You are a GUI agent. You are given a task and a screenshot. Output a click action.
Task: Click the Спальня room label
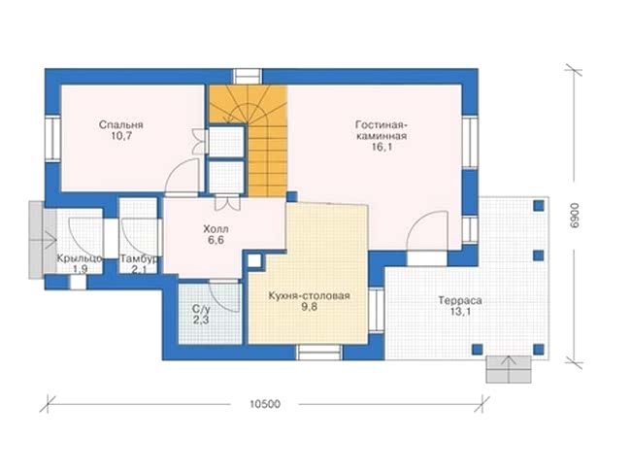click(x=120, y=125)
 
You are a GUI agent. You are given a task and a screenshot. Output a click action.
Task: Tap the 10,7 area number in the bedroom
click(x=121, y=136)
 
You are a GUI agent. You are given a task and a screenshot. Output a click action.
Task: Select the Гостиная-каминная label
click(x=381, y=130)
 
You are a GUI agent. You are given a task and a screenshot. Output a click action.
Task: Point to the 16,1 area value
click(x=382, y=148)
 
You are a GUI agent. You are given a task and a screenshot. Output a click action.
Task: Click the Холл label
click(x=216, y=229)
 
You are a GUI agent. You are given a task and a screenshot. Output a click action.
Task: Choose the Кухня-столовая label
click(x=309, y=296)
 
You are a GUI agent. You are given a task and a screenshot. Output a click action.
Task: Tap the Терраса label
click(x=460, y=301)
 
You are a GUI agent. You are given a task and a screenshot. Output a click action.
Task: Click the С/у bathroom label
click(x=200, y=309)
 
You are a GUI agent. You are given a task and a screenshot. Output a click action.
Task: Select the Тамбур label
click(x=139, y=258)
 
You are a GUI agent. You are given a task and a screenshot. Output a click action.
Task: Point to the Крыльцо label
click(x=80, y=258)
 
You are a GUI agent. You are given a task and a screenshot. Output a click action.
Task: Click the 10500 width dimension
click(x=265, y=404)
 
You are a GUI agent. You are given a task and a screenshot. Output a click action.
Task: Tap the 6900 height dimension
click(x=575, y=216)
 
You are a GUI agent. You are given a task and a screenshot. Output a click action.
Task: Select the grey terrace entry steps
click(x=509, y=369)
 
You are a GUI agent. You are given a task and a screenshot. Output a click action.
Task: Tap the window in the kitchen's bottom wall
click(x=318, y=352)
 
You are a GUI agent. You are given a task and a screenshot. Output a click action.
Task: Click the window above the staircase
click(x=248, y=77)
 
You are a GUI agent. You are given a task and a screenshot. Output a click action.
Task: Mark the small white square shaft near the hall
click(x=254, y=261)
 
